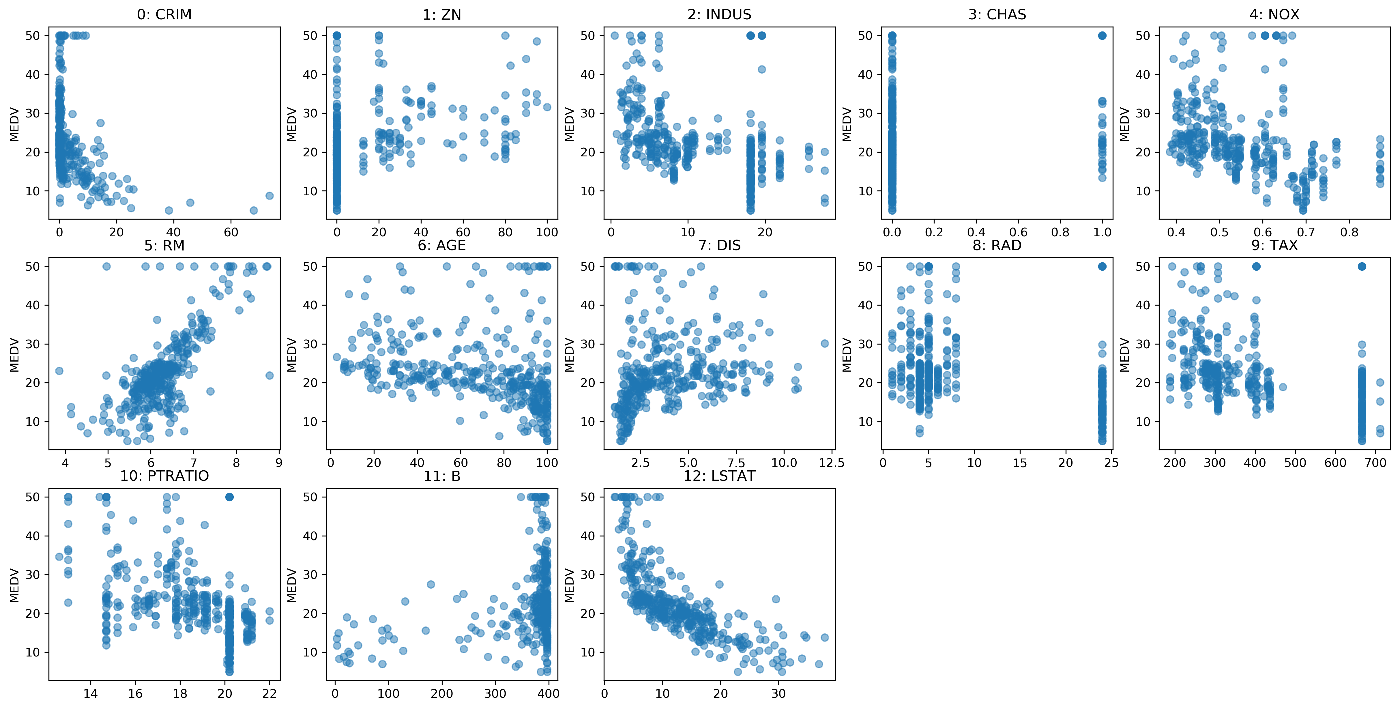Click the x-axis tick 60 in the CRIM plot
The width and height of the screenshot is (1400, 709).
[x=231, y=232]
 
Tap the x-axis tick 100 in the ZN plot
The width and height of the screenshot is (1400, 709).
[x=547, y=232]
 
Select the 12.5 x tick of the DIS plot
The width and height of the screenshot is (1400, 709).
[x=832, y=463]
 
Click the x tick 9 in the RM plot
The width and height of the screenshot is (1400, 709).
[x=279, y=463]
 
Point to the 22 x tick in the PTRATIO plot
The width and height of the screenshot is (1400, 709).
[x=269, y=694]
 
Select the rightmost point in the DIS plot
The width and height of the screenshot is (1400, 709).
[x=824, y=344]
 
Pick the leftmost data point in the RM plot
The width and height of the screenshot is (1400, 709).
[x=59, y=371]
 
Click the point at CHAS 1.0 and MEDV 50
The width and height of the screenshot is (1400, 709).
[x=1102, y=35]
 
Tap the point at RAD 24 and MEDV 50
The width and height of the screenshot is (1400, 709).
[x=1102, y=266]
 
